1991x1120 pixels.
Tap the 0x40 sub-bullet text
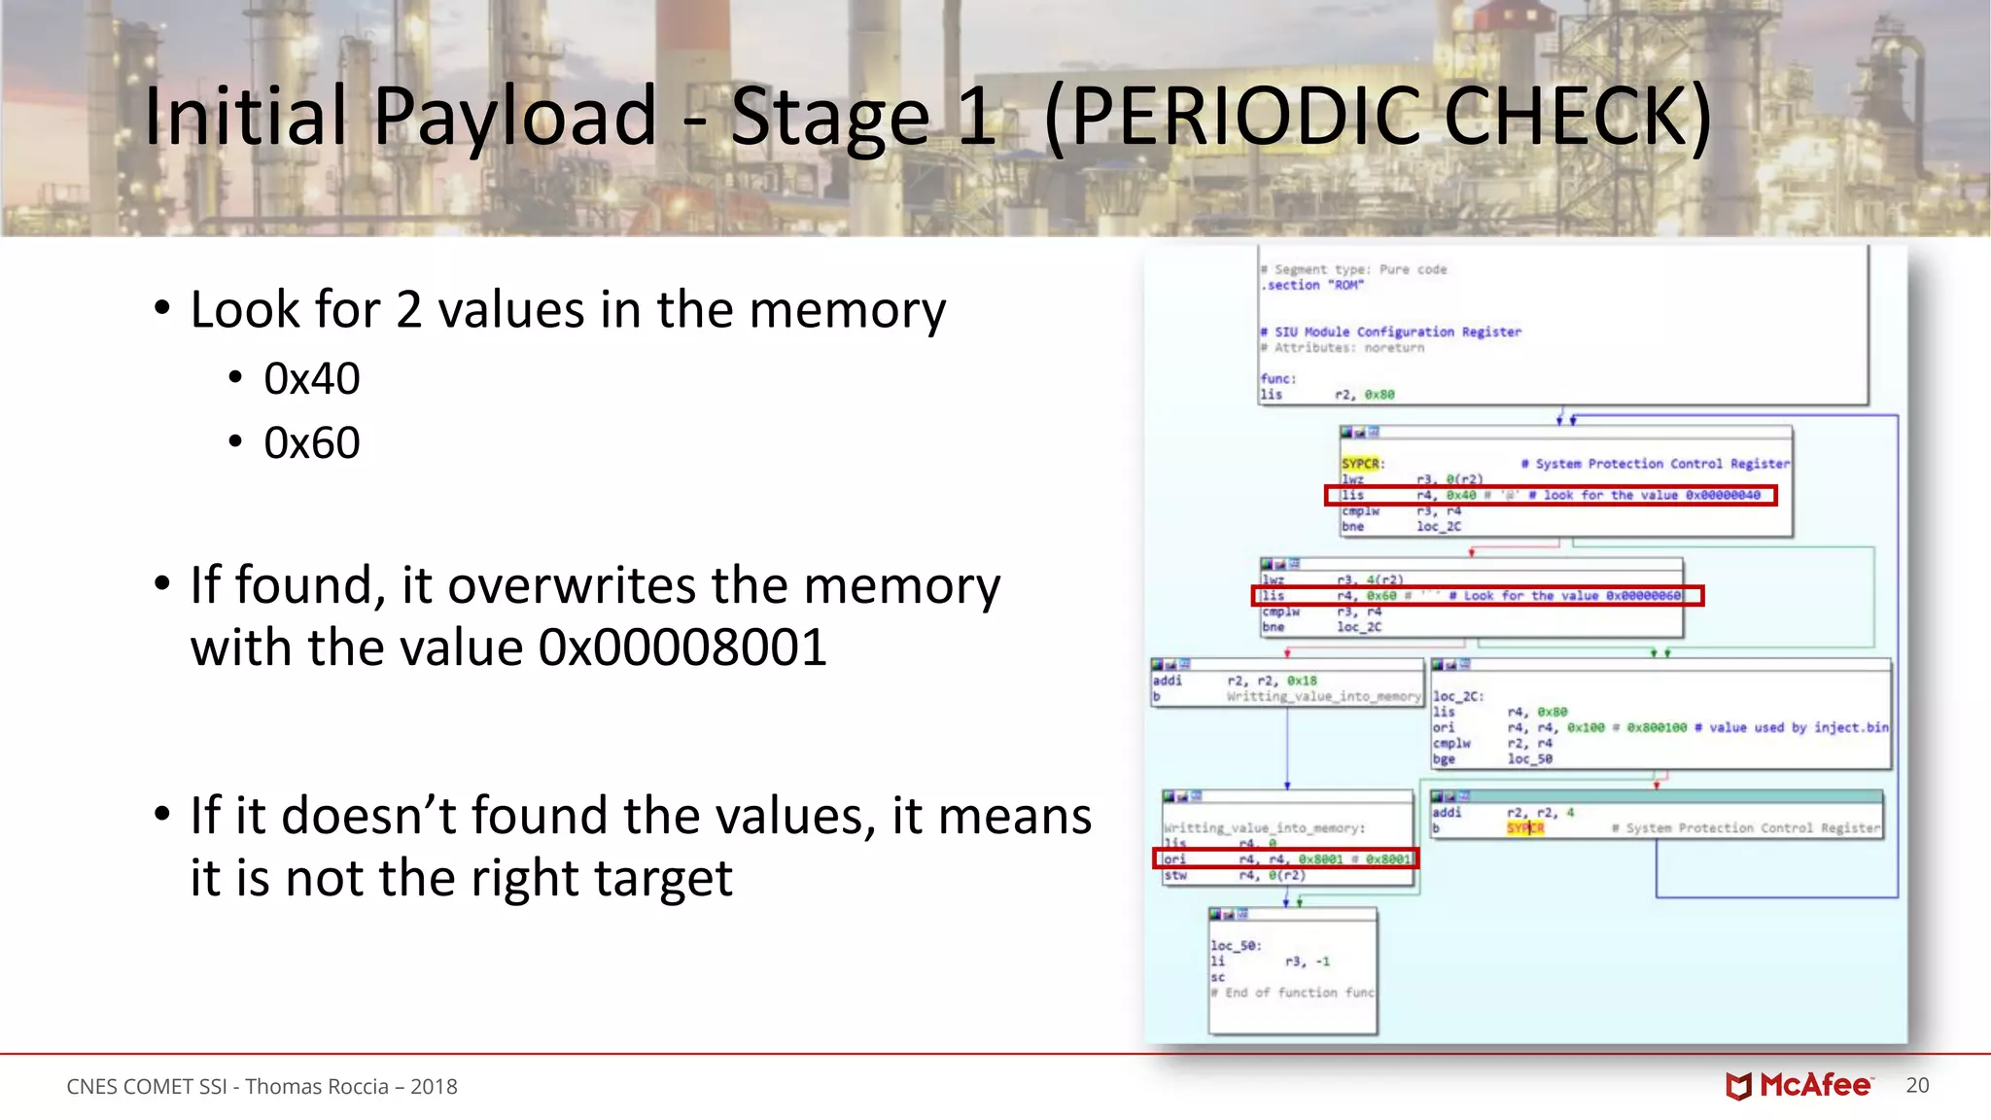(311, 378)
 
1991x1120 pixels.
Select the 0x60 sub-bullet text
(311, 443)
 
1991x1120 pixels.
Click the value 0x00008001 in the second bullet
(682, 648)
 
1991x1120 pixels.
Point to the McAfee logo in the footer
(1799, 1085)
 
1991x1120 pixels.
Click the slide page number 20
(1917, 1085)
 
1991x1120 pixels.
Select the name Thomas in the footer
(276, 1087)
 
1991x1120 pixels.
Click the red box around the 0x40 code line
(1551, 496)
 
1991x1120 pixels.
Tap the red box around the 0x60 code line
(1478, 596)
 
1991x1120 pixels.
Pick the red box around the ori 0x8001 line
(1285, 858)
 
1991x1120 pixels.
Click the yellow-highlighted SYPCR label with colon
(1362, 464)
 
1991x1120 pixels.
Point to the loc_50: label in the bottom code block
(1235, 945)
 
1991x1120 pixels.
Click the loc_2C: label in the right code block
(1457, 696)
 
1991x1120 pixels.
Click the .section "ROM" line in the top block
(1312, 285)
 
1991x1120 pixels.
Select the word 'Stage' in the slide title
(831, 117)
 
